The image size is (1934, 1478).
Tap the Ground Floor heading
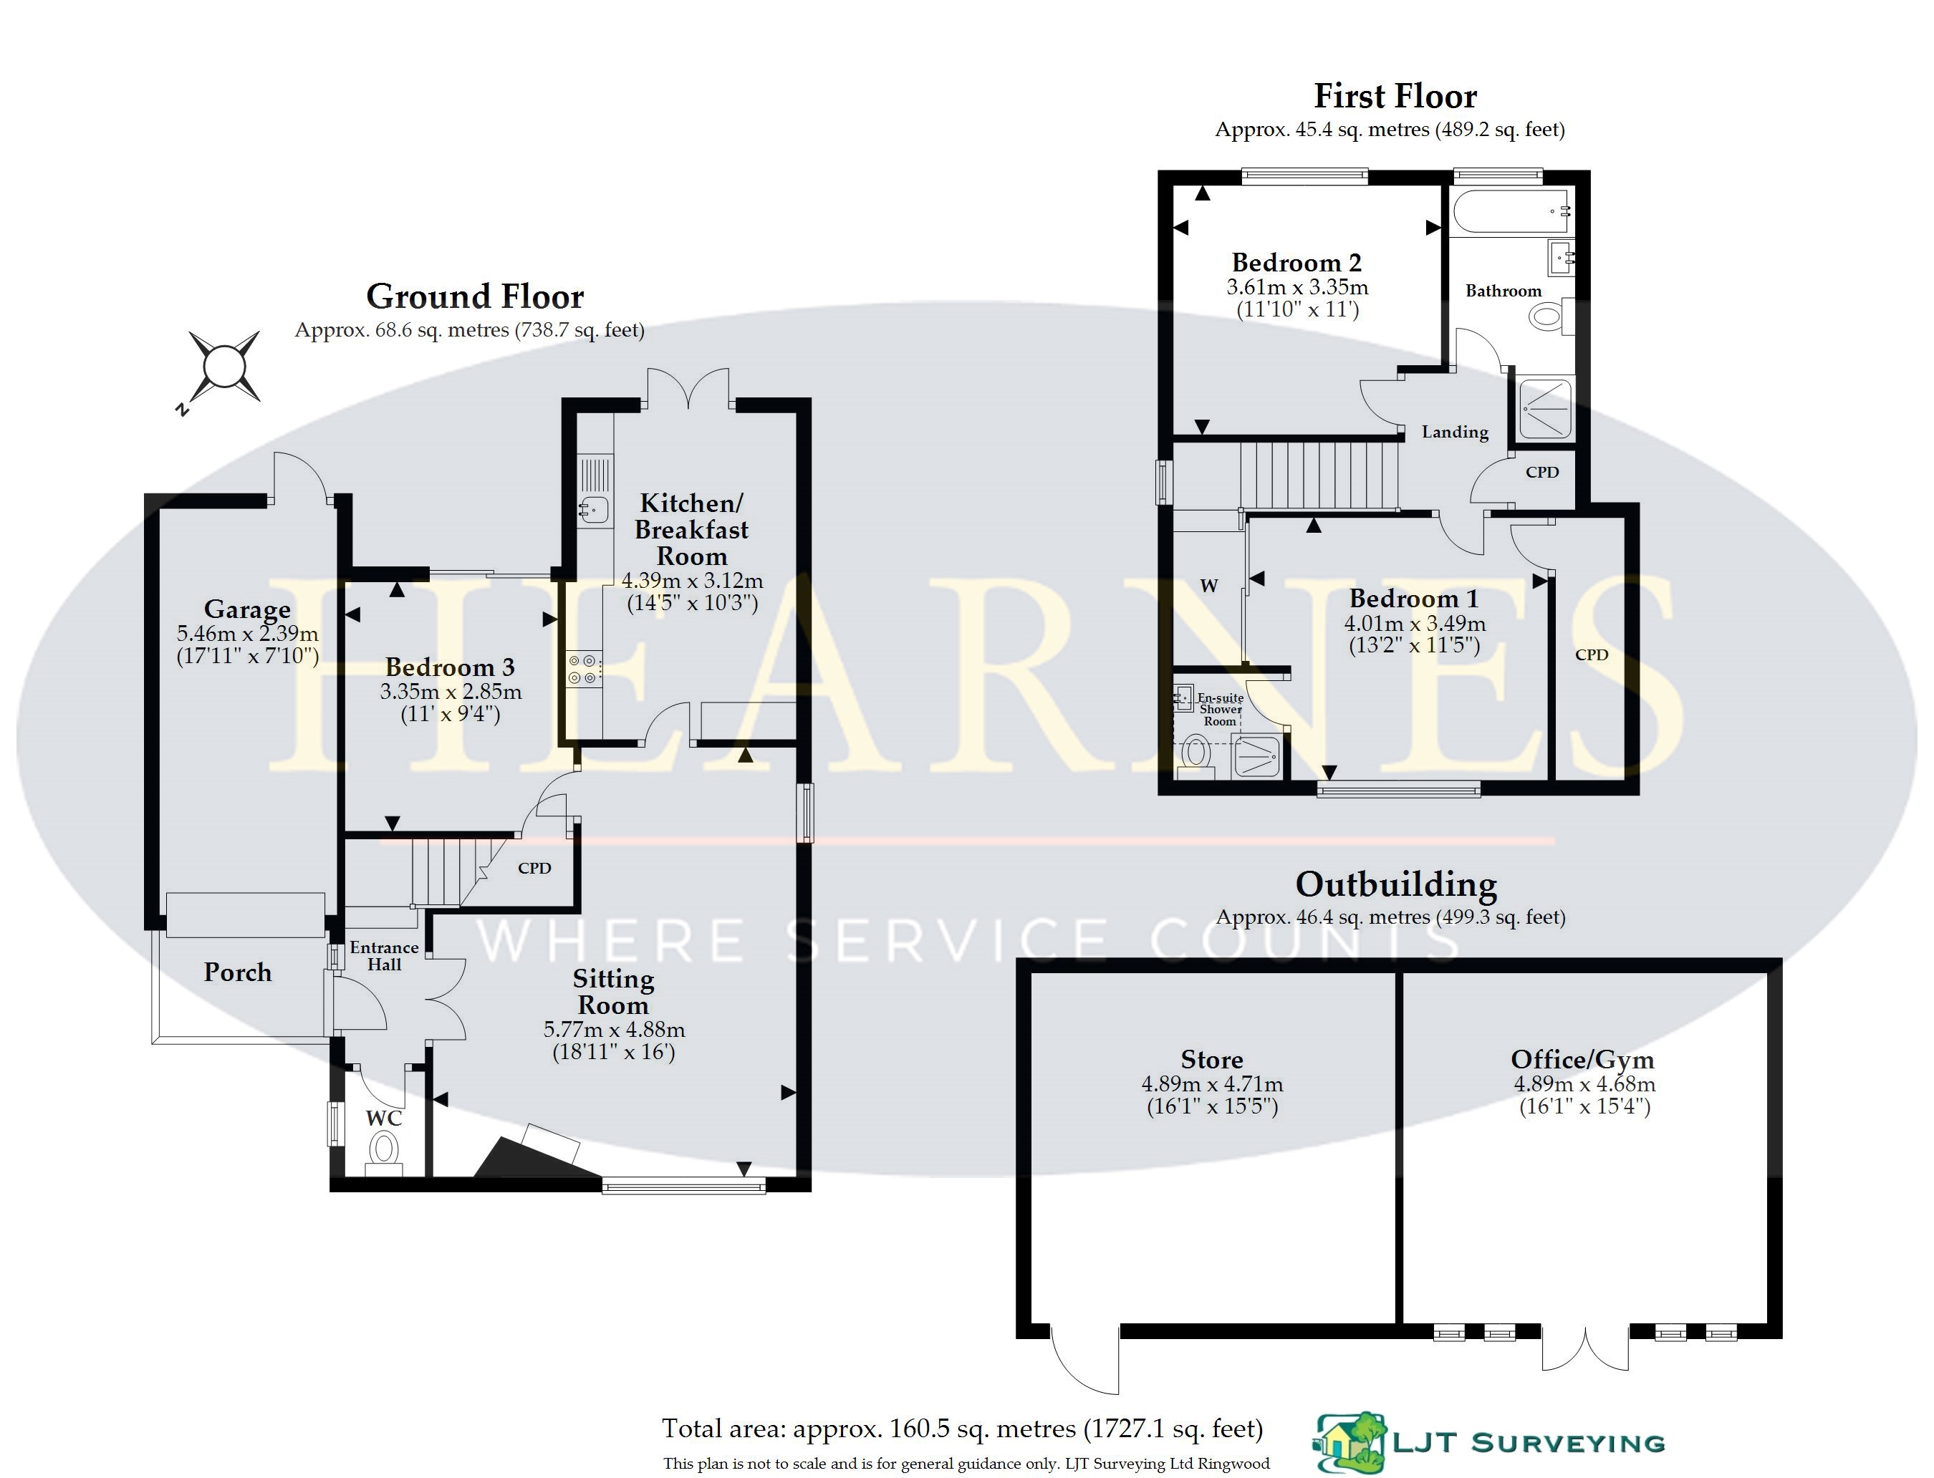pos(475,296)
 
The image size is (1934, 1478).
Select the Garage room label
pos(247,609)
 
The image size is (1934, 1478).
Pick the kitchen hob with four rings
pos(584,669)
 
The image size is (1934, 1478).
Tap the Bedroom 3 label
pos(450,667)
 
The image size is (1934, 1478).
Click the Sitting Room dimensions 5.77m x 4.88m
pos(614,1029)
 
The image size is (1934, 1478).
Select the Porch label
pos(238,972)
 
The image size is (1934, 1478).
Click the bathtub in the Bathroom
pos(1510,211)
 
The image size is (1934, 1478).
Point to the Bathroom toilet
pos(1551,316)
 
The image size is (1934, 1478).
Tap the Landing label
pos(1456,432)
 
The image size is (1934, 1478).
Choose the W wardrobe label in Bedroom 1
pos(1209,586)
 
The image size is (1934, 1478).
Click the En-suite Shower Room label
pos(1221,709)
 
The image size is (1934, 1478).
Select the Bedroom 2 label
pos(1297,262)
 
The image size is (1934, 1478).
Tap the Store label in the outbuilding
pos(1211,1059)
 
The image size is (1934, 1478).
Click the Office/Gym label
pos(1583,1060)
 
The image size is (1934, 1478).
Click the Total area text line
pos(963,1429)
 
